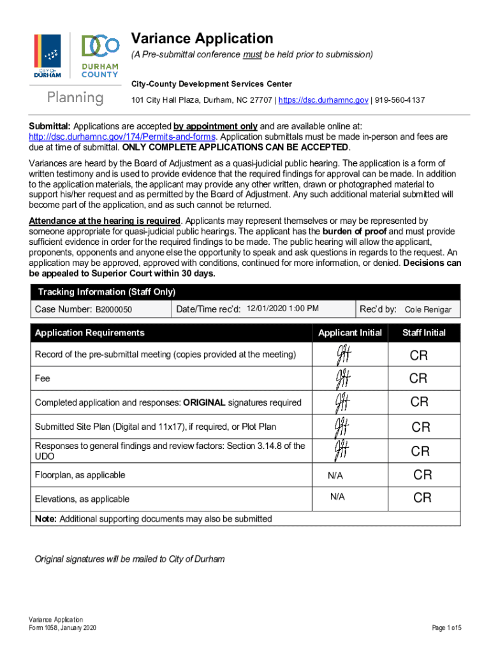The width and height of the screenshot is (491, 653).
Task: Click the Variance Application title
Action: coord(202,38)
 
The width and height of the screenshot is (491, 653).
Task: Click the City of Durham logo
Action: coord(47,56)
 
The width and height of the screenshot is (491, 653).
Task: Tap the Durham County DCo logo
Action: coord(99,56)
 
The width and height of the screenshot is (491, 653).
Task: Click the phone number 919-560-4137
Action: coord(400,101)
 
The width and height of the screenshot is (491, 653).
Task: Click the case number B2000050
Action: coord(114,309)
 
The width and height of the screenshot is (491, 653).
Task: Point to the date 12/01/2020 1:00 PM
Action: coord(282,309)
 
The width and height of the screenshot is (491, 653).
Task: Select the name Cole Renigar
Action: coord(428,310)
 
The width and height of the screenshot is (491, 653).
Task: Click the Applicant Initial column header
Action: coord(349,333)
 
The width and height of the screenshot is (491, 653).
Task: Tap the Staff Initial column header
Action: coord(423,333)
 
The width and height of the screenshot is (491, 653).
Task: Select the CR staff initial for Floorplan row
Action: coord(423,474)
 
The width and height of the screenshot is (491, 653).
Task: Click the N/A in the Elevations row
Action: coord(337,498)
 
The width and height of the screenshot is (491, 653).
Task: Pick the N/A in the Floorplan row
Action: coord(335,475)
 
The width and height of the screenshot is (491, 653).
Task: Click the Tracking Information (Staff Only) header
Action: coord(106,292)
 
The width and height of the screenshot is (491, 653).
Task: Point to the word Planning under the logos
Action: coord(75,98)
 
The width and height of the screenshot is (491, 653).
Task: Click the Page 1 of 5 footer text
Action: coord(446,628)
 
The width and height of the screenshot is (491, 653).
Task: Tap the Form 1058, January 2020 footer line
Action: coord(62,628)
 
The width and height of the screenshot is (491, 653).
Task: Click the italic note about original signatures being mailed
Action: coord(129,559)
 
